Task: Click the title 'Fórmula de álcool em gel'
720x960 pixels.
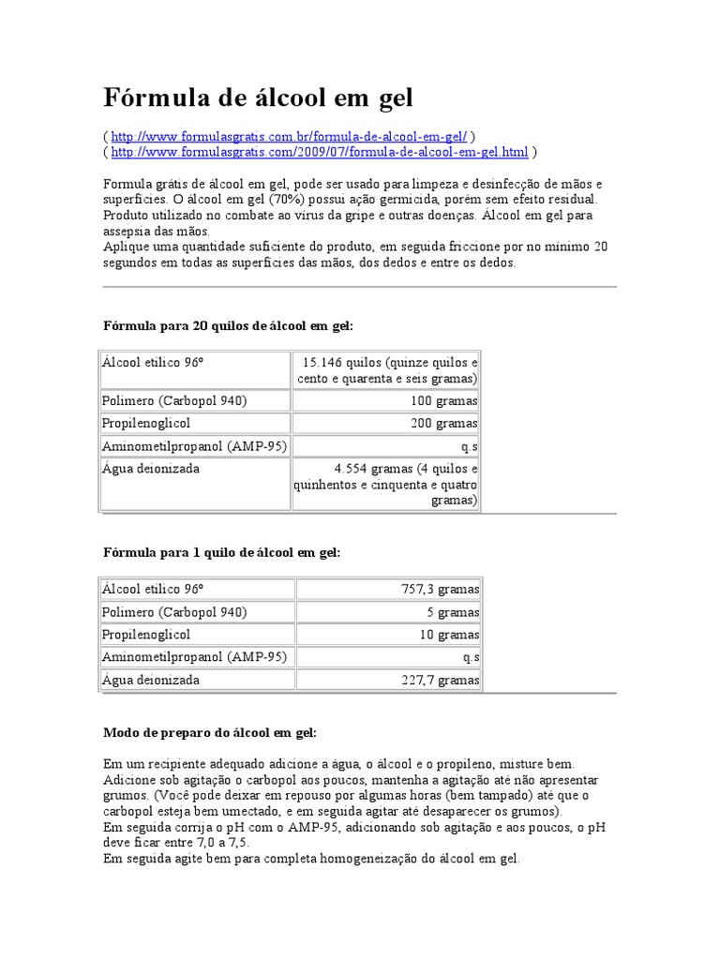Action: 257,97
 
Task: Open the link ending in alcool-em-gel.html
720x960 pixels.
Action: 320,152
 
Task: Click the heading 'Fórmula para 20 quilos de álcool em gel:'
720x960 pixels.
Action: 228,325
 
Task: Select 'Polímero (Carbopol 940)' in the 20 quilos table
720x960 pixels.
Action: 174,400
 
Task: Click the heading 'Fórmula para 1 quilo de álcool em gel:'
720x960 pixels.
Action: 221,553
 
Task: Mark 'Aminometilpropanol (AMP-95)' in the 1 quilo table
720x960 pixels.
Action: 195,657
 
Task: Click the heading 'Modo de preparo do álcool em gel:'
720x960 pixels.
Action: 209,731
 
